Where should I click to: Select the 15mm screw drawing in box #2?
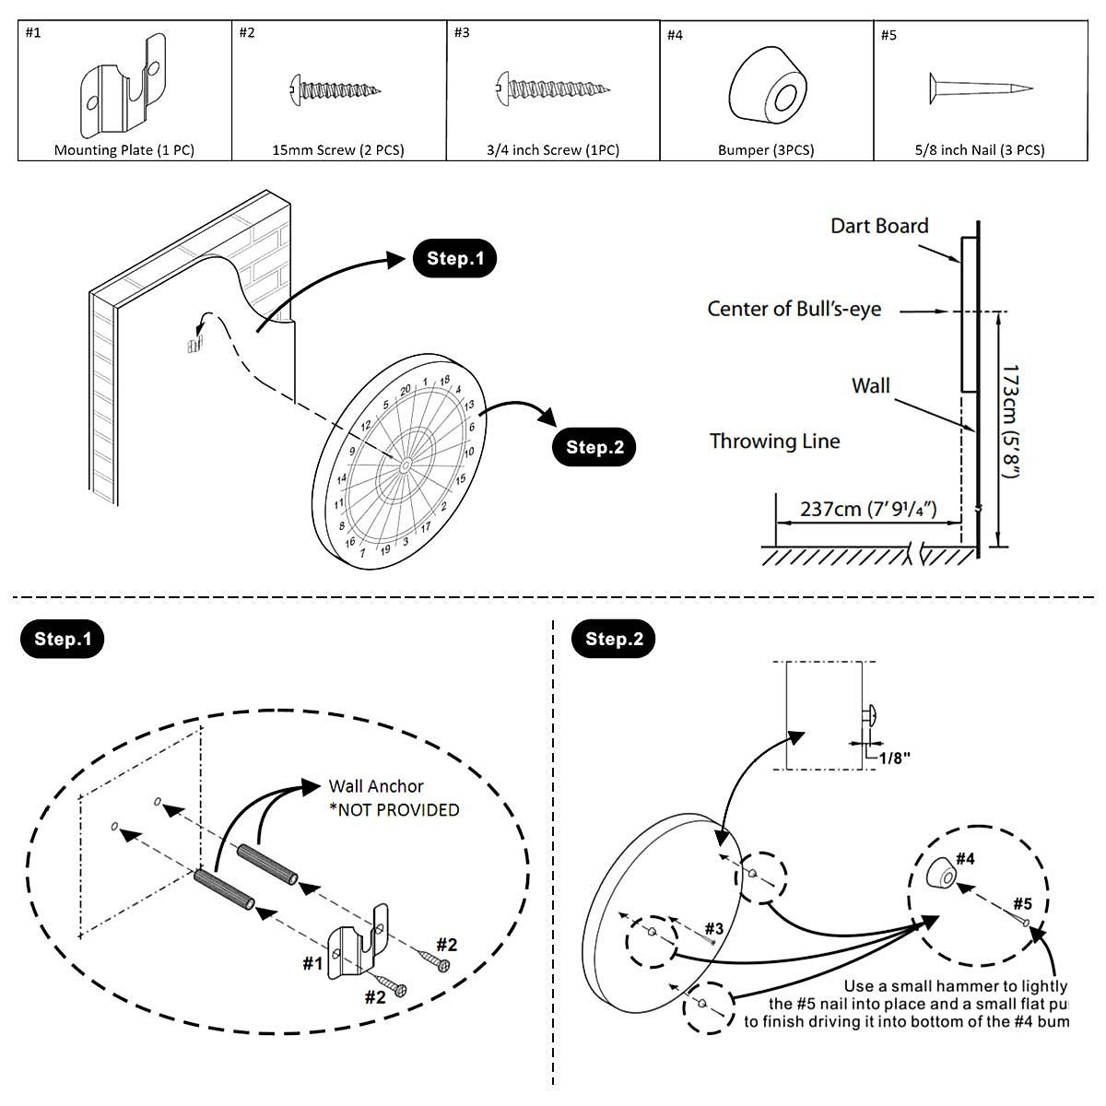coord(335,89)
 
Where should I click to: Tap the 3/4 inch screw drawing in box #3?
coord(552,89)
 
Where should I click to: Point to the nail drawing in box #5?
coord(980,88)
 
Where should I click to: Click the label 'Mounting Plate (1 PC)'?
coord(124,149)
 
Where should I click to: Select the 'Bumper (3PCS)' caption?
coord(766,149)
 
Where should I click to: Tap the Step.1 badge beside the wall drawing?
coord(455,259)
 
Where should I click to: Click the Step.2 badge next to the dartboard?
coord(594,447)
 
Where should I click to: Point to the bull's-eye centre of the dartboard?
coord(406,466)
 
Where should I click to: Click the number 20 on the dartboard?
coord(405,390)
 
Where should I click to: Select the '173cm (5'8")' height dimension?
coord(1011,421)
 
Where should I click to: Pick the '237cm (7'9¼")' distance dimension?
coord(868,509)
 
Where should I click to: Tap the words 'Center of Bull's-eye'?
coord(794,309)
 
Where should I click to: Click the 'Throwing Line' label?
coord(774,441)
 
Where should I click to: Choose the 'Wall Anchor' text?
coord(376,786)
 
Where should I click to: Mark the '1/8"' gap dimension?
coord(894,758)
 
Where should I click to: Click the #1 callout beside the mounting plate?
coord(313,963)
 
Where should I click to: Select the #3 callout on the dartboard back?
coord(714,928)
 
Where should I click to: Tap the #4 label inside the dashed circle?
coord(965,859)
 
